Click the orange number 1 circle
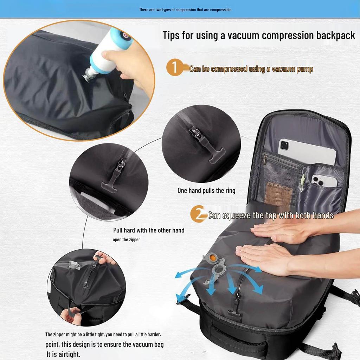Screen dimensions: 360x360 click(x=174, y=67)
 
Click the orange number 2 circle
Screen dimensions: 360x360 click(x=198, y=214)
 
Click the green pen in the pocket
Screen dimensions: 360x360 click(x=303, y=183)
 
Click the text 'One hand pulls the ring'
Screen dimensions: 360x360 click(x=206, y=191)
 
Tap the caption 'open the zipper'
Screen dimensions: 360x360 click(x=126, y=239)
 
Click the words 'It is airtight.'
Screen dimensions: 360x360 click(x=64, y=354)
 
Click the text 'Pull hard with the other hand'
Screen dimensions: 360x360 click(x=149, y=230)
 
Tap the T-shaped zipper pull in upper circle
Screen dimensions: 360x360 click(x=216, y=154)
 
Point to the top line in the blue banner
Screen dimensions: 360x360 click(x=185, y=9)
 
